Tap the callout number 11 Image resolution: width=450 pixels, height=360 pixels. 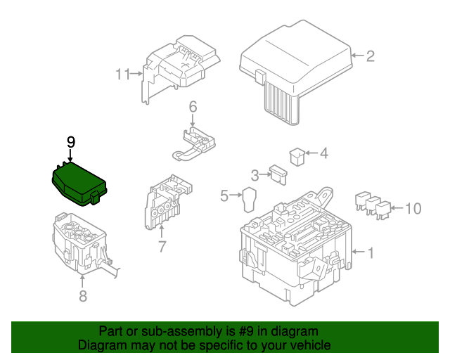[123, 74]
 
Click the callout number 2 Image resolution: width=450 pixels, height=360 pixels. [371, 56]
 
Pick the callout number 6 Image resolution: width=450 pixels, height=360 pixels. [192, 107]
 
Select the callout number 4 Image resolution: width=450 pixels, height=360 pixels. [323, 153]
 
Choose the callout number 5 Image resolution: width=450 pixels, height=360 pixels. [224, 196]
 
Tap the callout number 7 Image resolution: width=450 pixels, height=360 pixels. [162, 247]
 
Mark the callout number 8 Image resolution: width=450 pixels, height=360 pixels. [82, 296]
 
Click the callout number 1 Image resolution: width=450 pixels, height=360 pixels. [371, 252]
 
